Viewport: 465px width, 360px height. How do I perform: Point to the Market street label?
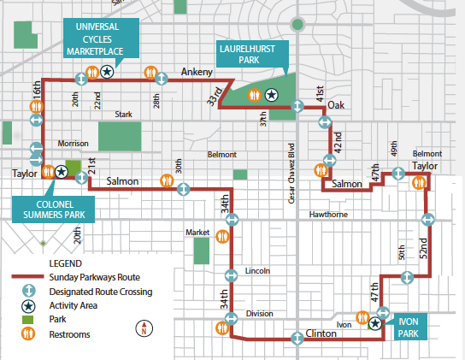pyautogui.click(x=197, y=233)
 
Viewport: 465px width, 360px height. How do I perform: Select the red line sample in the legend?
pyautogui.click(x=27, y=278)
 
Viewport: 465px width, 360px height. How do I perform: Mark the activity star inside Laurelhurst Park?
pyautogui.click(x=271, y=94)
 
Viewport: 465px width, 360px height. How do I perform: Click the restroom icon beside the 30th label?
pyautogui.click(x=166, y=180)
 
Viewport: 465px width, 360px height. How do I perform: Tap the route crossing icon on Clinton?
pyautogui.click(x=296, y=339)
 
